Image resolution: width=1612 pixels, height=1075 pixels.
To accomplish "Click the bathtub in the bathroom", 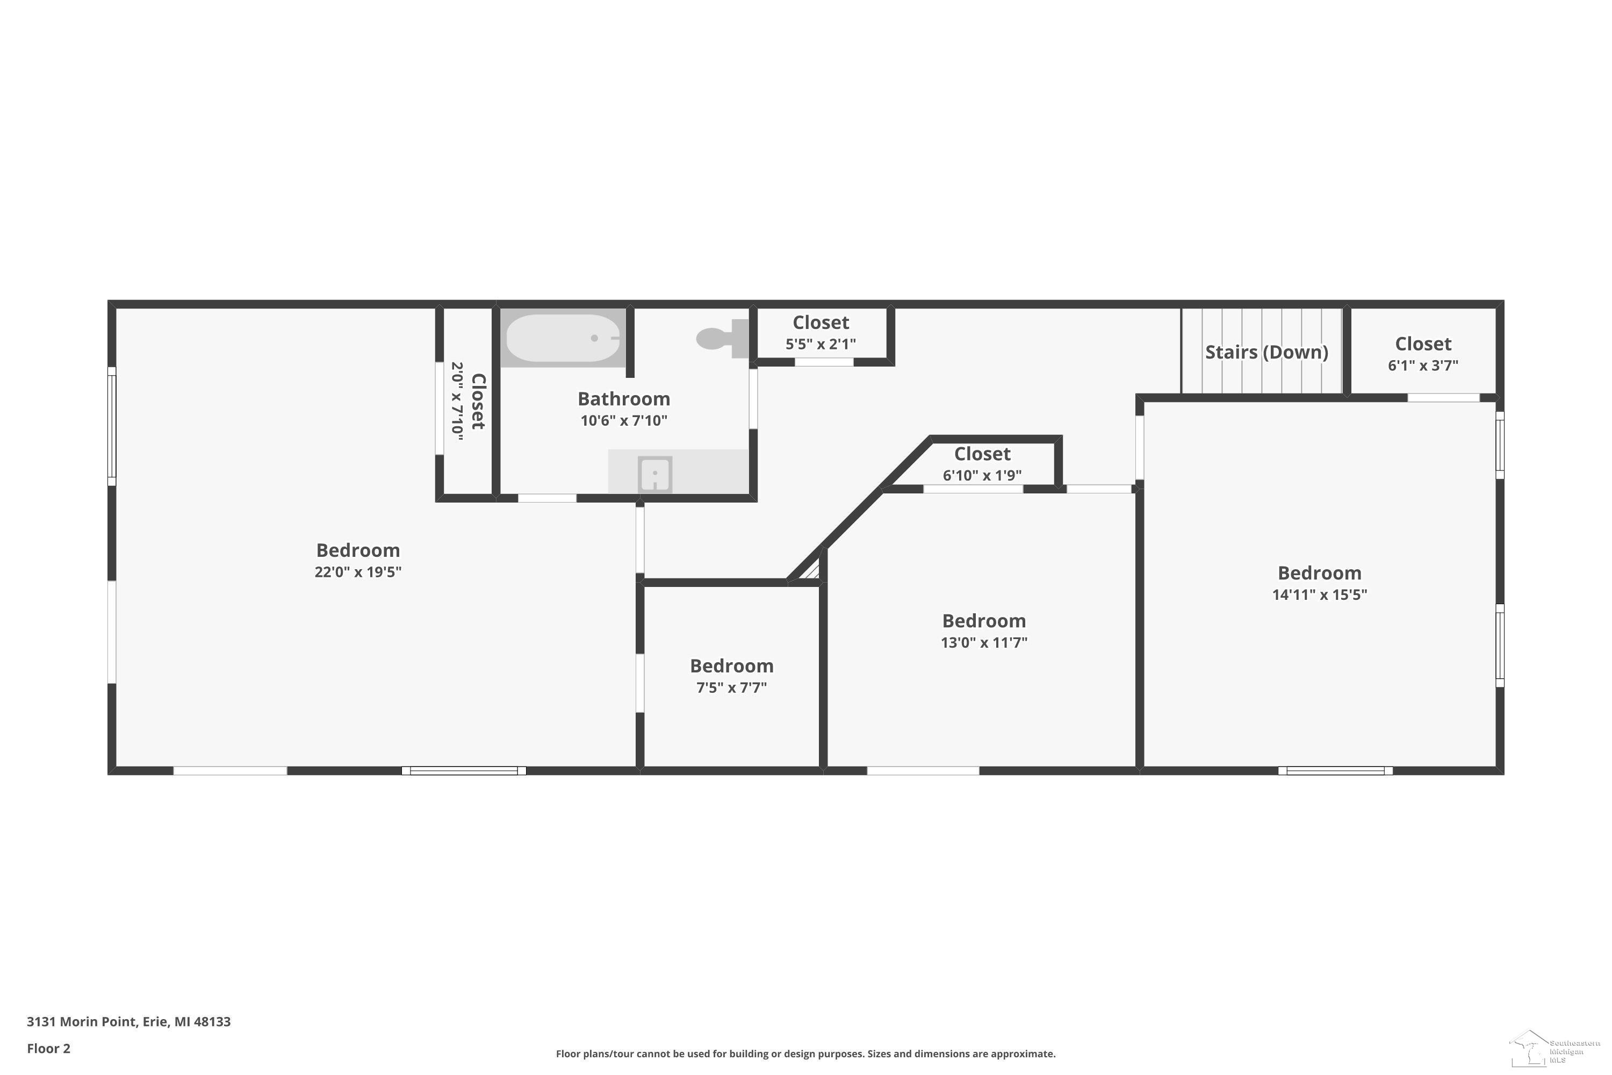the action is [x=563, y=338].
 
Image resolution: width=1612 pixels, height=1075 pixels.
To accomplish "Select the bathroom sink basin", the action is [x=655, y=474].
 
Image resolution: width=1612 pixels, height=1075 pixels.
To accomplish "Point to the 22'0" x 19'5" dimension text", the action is [x=358, y=572].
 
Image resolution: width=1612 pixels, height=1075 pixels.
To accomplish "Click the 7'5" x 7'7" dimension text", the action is [x=731, y=687].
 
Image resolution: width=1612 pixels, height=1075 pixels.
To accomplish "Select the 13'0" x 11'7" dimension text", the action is [x=983, y=642].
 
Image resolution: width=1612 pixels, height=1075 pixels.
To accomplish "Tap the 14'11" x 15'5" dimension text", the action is [x=1319, y=594].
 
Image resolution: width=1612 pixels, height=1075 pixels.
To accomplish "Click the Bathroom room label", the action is [x=624, y=398].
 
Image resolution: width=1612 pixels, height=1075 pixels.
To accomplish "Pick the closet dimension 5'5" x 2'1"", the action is [x=821, y=343].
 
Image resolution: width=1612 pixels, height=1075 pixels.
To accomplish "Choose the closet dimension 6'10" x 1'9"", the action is [x=982, y=475].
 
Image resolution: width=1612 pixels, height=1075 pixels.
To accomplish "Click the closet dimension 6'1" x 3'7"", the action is [x=1423, y=365].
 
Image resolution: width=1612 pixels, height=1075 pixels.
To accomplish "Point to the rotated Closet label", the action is [x=478, y=401].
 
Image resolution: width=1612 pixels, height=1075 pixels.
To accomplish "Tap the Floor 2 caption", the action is [x=49, y=1048].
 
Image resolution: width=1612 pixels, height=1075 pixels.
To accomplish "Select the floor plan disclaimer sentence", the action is [x=805, y=1053].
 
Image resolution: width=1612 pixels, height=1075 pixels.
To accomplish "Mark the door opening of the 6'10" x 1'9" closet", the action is [x=973, y=489].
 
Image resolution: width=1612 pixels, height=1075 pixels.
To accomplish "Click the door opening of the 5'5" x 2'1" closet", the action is [x=824, y=362].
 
